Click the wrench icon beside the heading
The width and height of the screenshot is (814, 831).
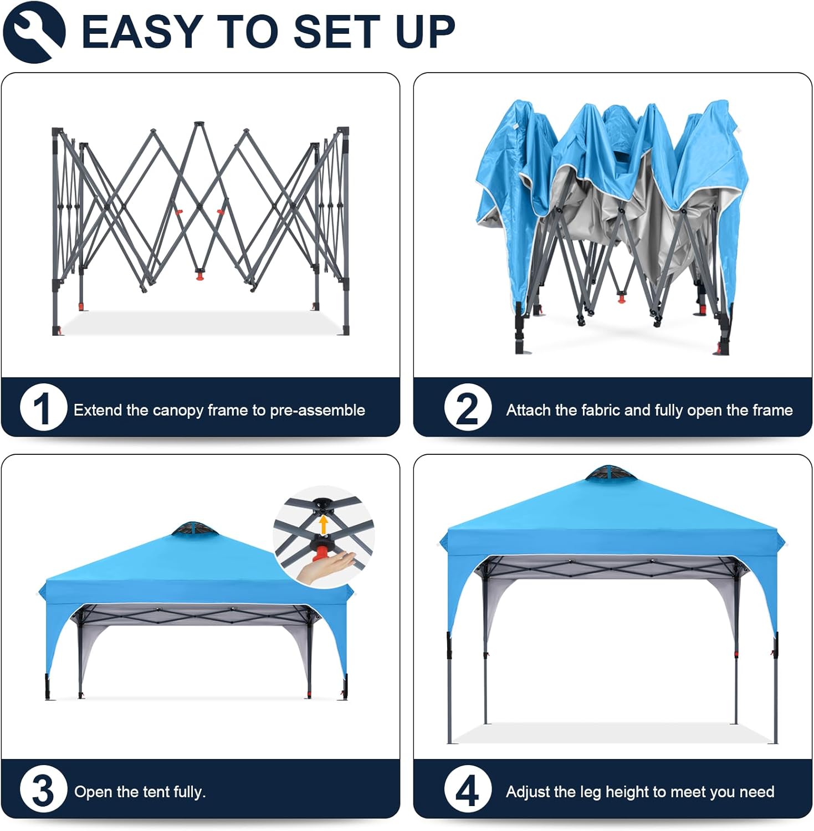click(x=34, y=31)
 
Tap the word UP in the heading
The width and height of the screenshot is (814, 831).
click(x=425, y=32)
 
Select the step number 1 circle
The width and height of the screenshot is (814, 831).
click(x=43, y=408)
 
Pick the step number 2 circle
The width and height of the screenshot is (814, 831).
click(x=468, y=408)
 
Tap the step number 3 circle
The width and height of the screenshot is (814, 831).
click(x=43, y=789)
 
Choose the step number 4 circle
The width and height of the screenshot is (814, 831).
click(x=468, y=789)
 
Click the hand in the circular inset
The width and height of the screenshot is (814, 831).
click(x=327, y=567)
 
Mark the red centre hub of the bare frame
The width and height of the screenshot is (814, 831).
click(x=199, y=274)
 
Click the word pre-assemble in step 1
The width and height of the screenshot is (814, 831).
click(x=318, y=411)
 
